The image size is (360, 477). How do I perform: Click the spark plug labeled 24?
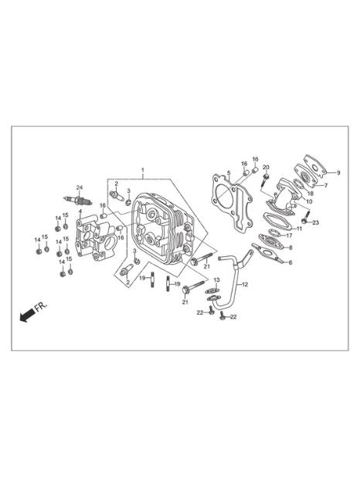click(78, 200)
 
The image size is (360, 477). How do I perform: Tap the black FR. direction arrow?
click(27, 315)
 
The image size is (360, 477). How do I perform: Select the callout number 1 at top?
click(143, 169)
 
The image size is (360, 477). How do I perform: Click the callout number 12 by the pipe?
click(245, 285)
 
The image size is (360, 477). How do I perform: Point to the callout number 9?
click(338, 172)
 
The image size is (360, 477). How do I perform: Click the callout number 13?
click(216, 280)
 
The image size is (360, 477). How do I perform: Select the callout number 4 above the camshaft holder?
click(80, 211)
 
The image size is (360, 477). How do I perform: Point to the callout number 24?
click(80, 188)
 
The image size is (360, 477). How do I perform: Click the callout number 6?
click(290, 262)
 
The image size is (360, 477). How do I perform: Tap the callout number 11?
click(299, 228)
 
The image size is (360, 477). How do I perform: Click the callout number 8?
click(290, 248)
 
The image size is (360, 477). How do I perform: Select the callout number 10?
click(309, 201)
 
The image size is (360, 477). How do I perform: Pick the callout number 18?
click(311, 194)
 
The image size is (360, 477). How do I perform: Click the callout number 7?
click(325, 185)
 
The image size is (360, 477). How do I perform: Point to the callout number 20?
click(266, 167)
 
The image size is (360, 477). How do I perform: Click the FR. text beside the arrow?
click(41, 307)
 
